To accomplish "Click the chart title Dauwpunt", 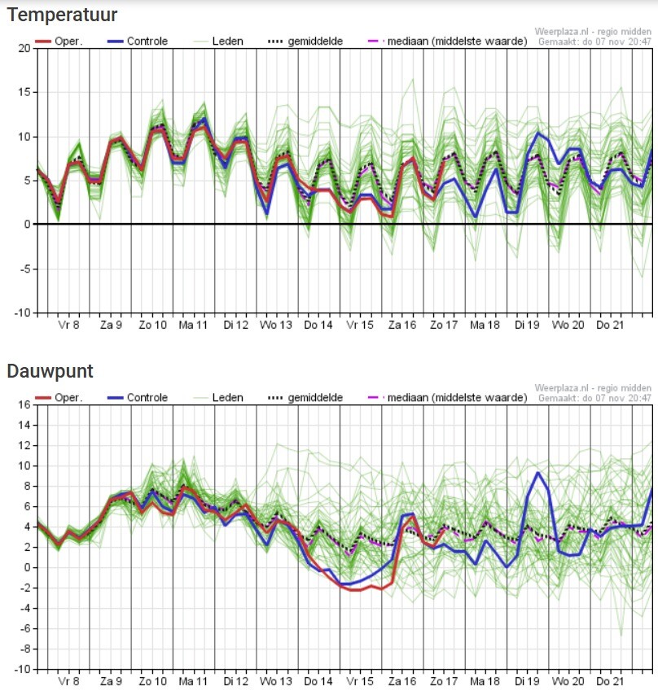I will click(x=50, y=372).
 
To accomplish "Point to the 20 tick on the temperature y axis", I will click(x=24, y=49).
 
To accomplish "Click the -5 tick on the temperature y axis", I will click(x=25, y=269).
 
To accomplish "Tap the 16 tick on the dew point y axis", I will click(x=24, y=404).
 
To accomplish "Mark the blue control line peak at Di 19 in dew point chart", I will click(x=537, y=473).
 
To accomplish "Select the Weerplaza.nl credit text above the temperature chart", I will click(x=594, y=31).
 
